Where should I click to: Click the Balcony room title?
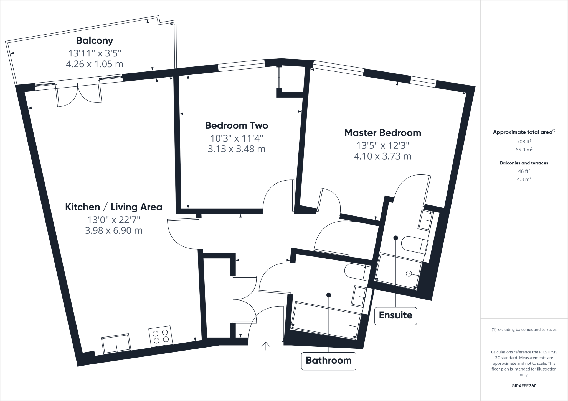(95, 41)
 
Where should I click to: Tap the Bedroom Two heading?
(236, 125)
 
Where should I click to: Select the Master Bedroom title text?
(382, 133)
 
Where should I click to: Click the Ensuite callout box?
(395, 315)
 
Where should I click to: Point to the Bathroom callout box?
(328, 360)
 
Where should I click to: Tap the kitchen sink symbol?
(116, 344)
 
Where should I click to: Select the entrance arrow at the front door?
(266, 346)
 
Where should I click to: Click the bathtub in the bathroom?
(326, 320)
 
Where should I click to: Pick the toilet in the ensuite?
(415, 244)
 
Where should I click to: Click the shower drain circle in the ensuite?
(409, 274)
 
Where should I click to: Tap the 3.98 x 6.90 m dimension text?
(113, 230)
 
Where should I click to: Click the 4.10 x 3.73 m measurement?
(382, 156)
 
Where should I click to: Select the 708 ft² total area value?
(524, 142)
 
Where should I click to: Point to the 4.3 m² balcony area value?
(524, 179)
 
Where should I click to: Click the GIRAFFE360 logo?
(524, 386)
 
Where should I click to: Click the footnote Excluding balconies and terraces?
(524, 330)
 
